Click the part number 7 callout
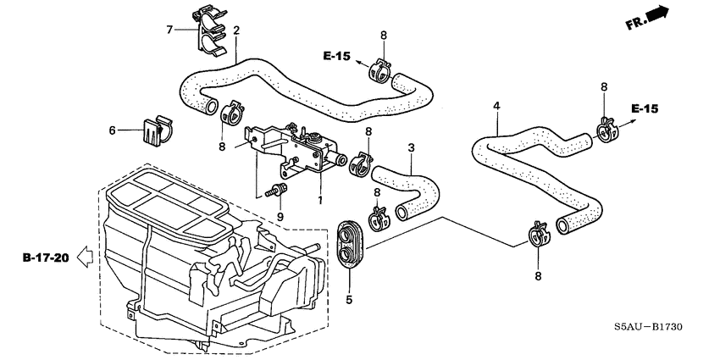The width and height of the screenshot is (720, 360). [x=169, y=30]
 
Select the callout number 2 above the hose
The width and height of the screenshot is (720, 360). [x=236, y=31]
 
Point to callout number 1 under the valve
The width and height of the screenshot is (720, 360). [x=320, y=201]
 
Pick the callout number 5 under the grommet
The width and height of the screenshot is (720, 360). [x=348, y=299]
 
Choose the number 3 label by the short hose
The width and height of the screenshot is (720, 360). [x=411, y=148]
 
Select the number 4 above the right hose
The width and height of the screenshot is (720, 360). [x=497, y=106]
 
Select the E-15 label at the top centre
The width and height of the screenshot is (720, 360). [x=335, y=56]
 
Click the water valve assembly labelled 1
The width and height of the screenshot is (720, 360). [x=301, y=148]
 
